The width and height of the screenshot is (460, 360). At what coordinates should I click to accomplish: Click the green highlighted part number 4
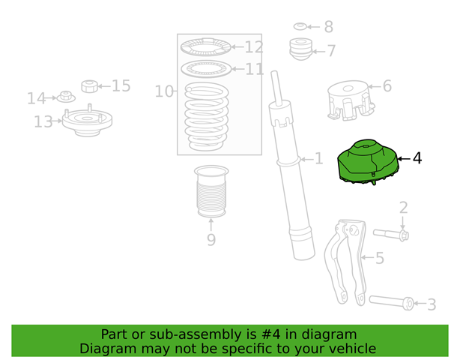368,163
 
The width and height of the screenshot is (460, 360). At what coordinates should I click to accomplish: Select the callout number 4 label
417,158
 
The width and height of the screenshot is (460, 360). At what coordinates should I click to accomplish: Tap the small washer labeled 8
300,26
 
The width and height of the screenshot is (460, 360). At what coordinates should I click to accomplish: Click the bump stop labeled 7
300,49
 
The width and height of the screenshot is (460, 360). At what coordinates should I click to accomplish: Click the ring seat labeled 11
207,69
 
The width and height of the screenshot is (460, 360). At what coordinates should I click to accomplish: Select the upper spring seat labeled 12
206,46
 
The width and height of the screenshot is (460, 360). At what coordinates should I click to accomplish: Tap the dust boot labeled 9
211,191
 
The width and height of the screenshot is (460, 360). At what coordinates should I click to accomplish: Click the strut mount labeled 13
87,121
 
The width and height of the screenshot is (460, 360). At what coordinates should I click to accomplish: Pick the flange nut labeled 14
66,97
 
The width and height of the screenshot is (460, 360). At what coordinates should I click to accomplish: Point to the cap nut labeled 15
89,86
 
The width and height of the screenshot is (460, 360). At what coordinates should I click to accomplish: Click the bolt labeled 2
391,234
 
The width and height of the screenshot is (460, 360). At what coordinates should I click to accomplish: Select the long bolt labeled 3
392,302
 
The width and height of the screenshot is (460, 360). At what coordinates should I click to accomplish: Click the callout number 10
164,91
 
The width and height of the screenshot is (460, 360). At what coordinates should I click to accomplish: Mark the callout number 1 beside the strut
318,159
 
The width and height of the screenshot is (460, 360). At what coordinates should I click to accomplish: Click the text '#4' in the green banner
270,334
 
